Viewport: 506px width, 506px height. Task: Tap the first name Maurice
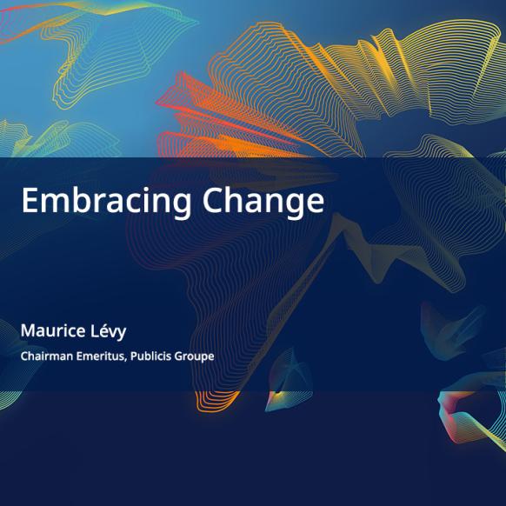tap(53, 330)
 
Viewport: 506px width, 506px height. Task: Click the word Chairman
tap(47, 356)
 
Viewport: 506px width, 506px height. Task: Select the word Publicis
tap(150, 356)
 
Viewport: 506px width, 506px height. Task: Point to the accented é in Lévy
tap(103, 330)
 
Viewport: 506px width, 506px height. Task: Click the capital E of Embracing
tap(30, 200)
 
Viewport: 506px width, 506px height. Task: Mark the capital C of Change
tap(212, 200)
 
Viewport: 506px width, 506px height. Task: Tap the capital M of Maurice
tap(28, 330)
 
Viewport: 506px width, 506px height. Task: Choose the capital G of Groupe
tap(179, 356)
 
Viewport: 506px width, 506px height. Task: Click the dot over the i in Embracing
tap(143, 190)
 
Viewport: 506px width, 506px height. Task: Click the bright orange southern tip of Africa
tap(216, 401)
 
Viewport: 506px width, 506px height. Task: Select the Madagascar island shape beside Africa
tap(289, 380)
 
